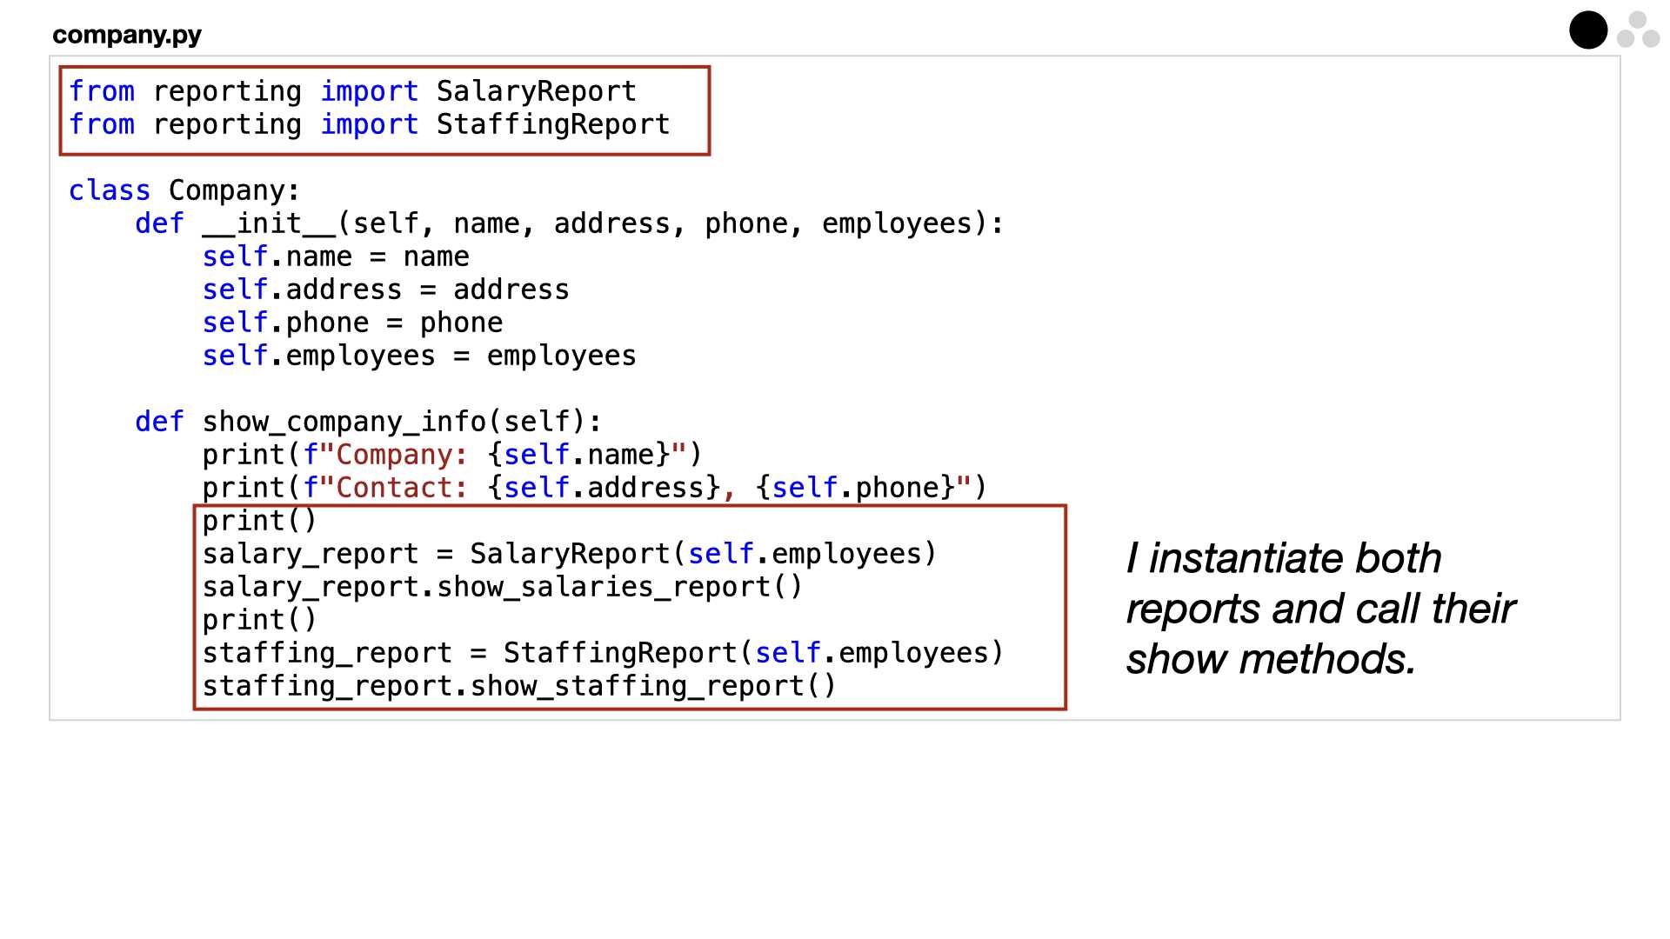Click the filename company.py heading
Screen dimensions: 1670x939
[x=127, y=35]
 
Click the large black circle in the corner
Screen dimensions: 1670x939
[x=1588, y=30]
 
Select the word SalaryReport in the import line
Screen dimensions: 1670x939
[x=537, y=91]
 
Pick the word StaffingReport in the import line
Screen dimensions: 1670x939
[x=553, y=124]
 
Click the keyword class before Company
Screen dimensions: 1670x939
[x=110, y=190]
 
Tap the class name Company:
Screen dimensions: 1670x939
[x=235, y=190]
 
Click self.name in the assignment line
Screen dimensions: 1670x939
[x=277, y=256]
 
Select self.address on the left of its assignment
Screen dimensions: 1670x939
[x=303, y=290]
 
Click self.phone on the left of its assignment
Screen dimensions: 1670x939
[x=286, y=323]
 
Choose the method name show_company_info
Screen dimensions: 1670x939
[x=344, y=422]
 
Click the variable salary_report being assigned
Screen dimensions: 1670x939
[x=311, y=554]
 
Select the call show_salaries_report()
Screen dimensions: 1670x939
[x=619, y=587]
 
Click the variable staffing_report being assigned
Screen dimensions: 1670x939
[x=327, y=653]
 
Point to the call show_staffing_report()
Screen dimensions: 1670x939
[x=652, y=686]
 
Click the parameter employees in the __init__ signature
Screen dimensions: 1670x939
[x=897, y=223]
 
